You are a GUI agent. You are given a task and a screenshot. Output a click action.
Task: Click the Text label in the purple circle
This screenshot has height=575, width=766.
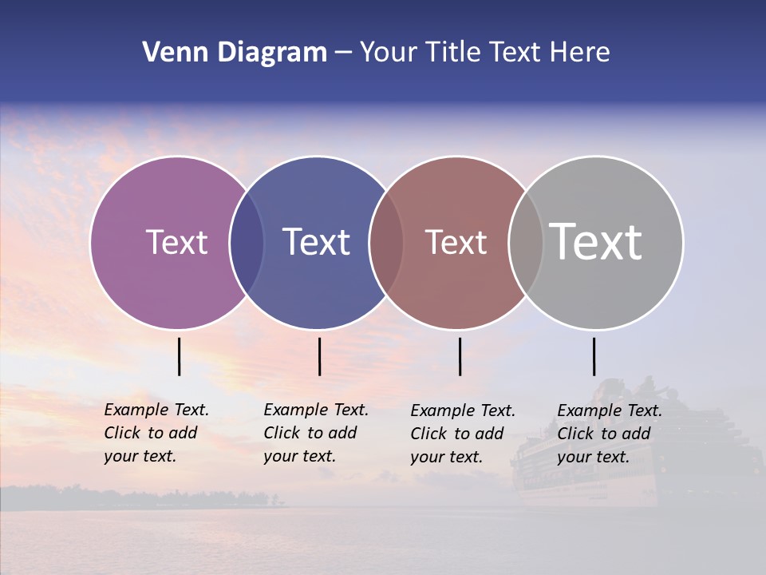176,242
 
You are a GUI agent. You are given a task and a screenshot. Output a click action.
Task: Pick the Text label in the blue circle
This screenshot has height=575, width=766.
317,242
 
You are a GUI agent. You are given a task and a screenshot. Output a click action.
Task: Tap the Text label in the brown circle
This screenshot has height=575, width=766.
456,242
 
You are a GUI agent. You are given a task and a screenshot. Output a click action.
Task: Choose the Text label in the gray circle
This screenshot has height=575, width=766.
596,242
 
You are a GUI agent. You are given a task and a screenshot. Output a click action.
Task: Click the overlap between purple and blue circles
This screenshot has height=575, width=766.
247,242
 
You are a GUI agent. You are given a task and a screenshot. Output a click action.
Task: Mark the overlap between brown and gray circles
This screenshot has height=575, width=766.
526,242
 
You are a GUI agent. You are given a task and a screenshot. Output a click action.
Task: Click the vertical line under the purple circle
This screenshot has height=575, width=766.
180,356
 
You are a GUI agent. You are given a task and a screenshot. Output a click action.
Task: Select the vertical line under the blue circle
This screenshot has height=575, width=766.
319,356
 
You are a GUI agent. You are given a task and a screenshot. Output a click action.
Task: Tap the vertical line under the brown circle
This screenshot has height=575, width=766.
460,356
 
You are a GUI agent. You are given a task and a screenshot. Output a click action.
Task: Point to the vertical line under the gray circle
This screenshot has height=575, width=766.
594,356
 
